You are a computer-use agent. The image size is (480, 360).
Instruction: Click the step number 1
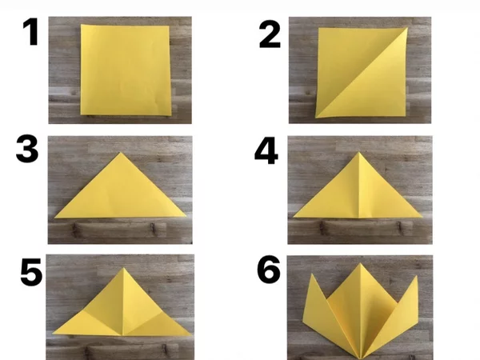point(30,32)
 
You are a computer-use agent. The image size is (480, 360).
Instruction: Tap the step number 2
point(270,34)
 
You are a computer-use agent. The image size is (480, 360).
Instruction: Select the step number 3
point(27,150)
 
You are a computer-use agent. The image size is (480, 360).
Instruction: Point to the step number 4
point(266,151)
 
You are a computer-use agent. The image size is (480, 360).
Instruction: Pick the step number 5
point(31,272)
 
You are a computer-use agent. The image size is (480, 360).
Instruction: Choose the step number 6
point(269,270)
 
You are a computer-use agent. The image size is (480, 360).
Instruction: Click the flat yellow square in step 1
point(126,70)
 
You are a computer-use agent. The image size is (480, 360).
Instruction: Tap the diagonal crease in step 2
point(362,73)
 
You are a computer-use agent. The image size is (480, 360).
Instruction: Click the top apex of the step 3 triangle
point(121,153)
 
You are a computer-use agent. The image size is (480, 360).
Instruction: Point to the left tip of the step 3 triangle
point(54,218)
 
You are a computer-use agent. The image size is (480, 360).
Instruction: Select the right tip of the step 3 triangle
point(186,216)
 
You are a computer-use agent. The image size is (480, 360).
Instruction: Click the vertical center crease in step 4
point(358,185)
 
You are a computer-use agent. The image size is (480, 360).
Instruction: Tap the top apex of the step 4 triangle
point(359,152)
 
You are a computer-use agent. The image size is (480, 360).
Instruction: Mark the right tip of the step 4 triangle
point(422,217)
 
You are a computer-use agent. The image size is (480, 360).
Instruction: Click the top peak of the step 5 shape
point(124,268)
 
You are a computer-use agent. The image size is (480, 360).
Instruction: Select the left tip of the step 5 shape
point(53,333)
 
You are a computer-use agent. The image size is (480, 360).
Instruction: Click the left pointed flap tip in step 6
point(312,274)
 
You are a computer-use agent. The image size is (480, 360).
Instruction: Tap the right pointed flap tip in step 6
point(417,276)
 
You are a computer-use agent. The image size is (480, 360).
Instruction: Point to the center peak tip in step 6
point(360,263)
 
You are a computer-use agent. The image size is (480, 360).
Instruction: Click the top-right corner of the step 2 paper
point(408,28)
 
